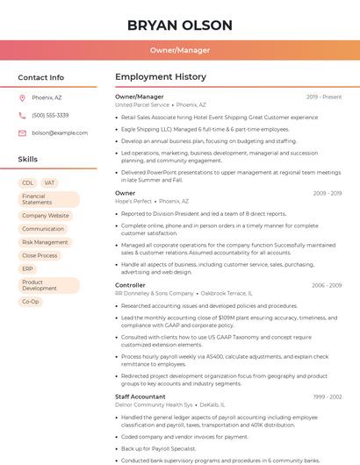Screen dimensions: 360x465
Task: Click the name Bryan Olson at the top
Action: tap(179, 25)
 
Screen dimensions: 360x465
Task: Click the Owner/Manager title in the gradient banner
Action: tap(179, 50)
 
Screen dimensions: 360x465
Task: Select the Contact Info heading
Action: tap(40, 77)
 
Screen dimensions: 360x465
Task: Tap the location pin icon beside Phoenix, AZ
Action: tap(23, 98)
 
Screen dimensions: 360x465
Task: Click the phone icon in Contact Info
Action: tap(23, 115)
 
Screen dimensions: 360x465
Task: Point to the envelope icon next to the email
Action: tap(23, 132)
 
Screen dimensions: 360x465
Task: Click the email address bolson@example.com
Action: tap(60, 132)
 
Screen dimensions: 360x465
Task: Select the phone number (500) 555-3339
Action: tap(50, 115)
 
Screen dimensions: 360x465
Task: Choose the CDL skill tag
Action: tap(28, 183)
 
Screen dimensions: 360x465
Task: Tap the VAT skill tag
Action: tap(50, 183)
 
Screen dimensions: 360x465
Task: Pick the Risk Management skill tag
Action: tap(45, 242)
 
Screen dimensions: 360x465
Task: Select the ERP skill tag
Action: tap(28, 268)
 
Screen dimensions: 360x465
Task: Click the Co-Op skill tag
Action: tap(31, 301)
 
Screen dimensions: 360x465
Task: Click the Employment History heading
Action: tap(161, 77)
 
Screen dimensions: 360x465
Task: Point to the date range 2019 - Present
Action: tap(324, 97)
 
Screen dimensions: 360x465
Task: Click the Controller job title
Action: tap(130, 285)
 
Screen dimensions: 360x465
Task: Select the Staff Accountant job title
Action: tap(140, 397)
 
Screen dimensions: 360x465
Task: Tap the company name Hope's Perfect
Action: tap(133, 201)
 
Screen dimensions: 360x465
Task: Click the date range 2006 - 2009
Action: tap(327, 285)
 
